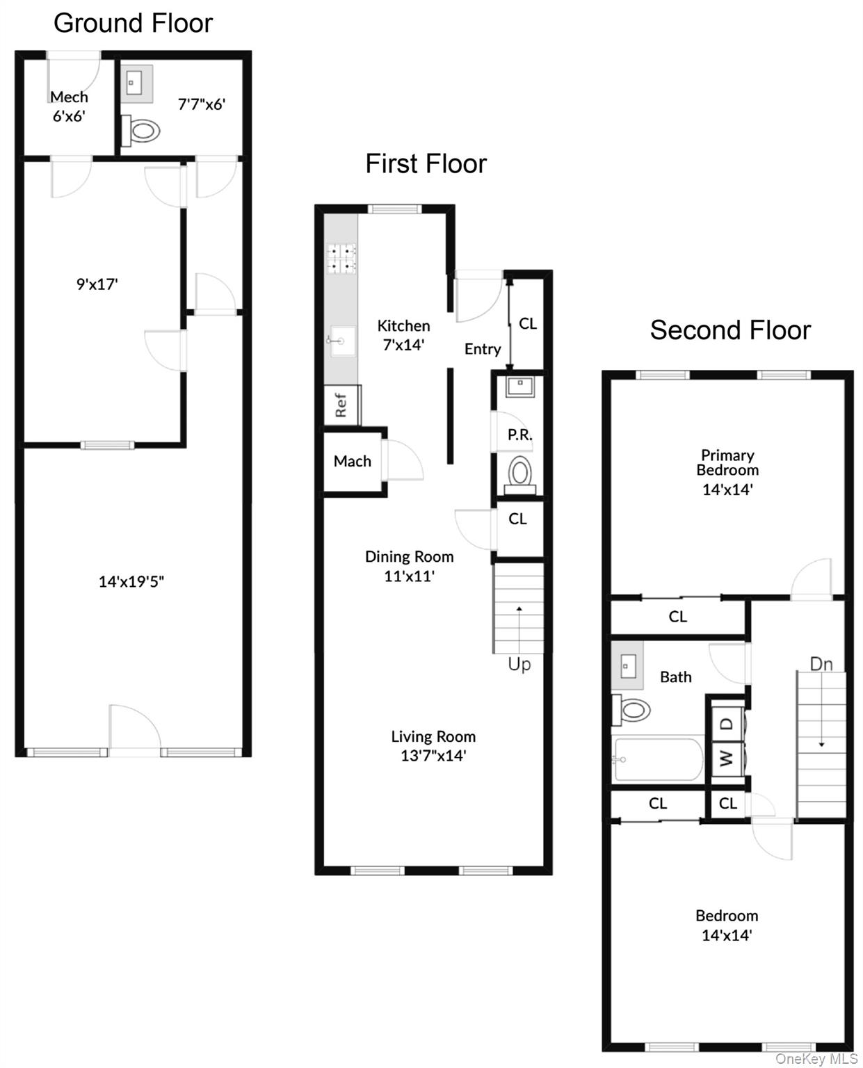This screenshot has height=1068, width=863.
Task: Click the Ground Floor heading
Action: [x=133, y=23]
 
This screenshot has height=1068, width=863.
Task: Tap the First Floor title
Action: [x=426, y=164]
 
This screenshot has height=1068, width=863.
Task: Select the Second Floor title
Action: [x=730, y=330]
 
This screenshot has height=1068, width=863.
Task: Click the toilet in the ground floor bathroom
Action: [x=142, y=130]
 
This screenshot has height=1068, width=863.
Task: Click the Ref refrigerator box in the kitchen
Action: [x=341, y=405]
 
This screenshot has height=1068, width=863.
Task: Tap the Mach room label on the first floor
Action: [x=353, y=461]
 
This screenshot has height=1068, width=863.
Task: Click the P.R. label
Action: [x=519, y=435]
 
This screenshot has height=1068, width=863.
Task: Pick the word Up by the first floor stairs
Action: [x=519, y=664]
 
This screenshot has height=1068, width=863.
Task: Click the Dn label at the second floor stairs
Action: [x=821, y=664]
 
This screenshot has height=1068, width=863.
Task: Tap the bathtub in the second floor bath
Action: [x=657, y=760]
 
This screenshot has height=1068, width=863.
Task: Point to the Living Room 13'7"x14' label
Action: [x=433, y=745]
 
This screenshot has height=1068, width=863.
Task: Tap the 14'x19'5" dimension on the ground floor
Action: [x=131, y=581]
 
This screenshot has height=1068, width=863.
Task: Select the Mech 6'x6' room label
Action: [x=69, y=106]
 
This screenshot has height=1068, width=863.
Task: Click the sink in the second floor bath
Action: [x=627, y=666]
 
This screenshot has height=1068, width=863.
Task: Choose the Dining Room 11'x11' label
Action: [x=410, y=566]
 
